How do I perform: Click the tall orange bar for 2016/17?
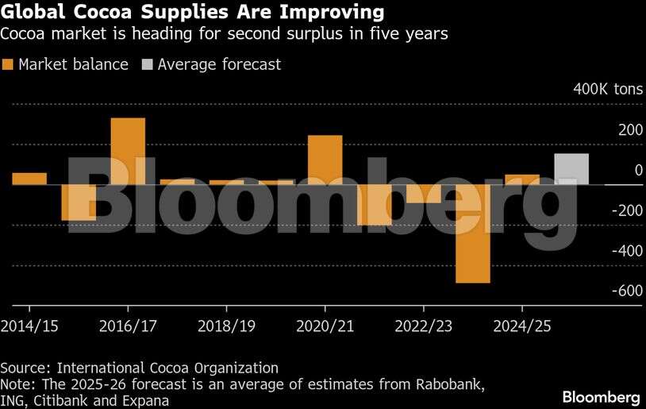tap(128, 151)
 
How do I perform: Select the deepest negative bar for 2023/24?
tap(472, 233)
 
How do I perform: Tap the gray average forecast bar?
tap(571, 169)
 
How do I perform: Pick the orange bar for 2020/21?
tap(325, 160)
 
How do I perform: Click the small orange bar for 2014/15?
tap(29, 179)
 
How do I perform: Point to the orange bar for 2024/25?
tap(522, 179)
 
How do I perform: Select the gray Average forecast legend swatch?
tap(147, 65)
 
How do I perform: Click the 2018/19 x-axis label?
tap(226, 326)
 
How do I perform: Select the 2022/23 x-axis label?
tap(424, 326)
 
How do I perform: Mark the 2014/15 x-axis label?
tap(29, 326)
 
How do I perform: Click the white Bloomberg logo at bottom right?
tap(601, 395)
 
